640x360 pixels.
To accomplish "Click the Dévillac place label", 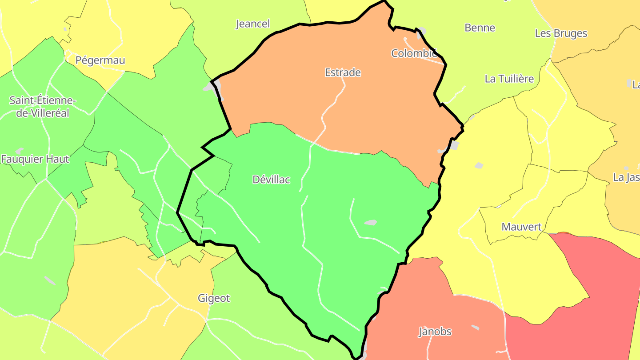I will click(271, 180).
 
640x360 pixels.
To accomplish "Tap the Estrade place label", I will click(343, 72).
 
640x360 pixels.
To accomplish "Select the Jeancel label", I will click(252, 24).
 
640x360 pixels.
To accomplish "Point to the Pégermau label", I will click(100, 60).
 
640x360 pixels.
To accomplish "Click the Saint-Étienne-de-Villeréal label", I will click(43, 107).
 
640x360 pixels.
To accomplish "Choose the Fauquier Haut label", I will click(35, 159).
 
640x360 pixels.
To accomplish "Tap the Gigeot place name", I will click(214, 298).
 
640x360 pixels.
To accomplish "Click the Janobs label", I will click(435, 332).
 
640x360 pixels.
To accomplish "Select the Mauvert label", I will click(522, 227).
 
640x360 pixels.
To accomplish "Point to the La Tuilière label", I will click(509, 79).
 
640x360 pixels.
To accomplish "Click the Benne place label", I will click(480, 28).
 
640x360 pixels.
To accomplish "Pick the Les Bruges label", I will click(561, 34).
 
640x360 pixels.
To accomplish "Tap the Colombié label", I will click(414, 53).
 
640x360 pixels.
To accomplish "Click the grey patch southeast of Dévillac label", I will click(370, 222).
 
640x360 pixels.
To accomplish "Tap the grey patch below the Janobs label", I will click(475, 328).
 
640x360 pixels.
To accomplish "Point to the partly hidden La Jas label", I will click(626, 177).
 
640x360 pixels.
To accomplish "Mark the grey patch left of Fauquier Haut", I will click(19, 151).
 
